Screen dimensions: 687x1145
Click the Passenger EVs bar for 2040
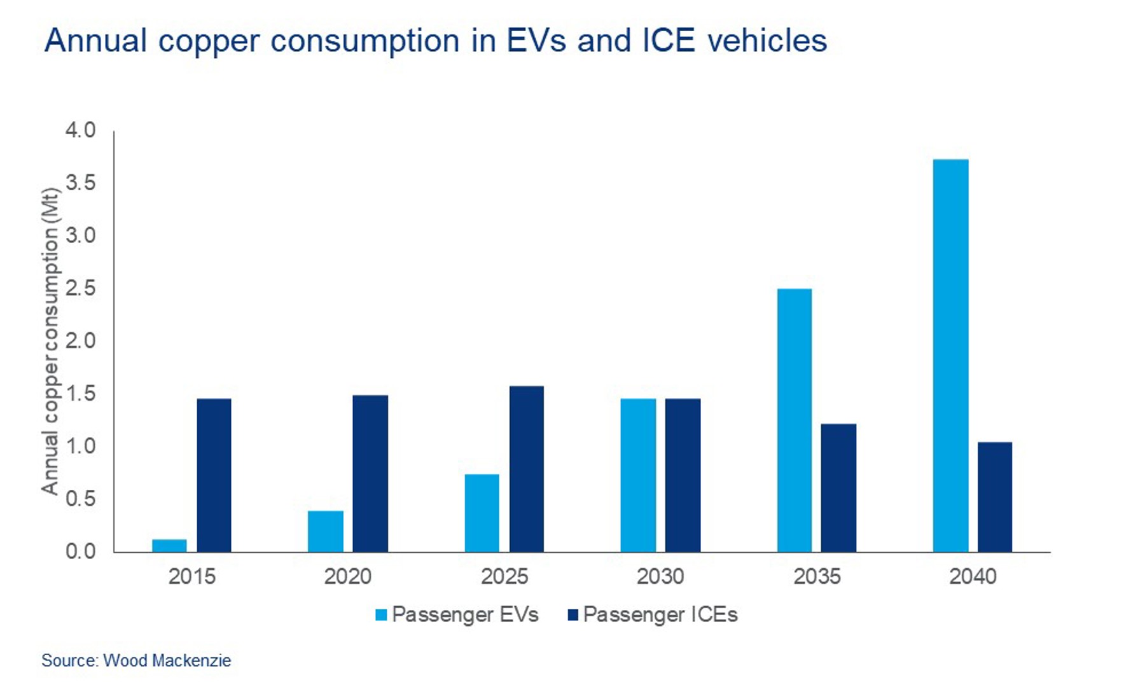pos(950,356)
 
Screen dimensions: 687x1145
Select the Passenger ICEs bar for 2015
pos(214,475)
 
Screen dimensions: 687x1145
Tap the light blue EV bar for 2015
pos(169,546)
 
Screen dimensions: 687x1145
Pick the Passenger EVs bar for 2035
pos(794,420)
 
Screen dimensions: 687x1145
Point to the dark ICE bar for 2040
pos(994,497)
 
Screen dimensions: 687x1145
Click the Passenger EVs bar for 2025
pos(482,513)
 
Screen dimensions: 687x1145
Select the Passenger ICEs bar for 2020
pos(370,473)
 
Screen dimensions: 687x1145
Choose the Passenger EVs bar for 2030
pos(638,475)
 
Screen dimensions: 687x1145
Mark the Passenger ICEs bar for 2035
pos(838,488)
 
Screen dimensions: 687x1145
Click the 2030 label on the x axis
pos(660,576)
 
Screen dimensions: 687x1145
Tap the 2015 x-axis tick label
pos(191,576)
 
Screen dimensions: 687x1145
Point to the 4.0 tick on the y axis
pos(80,130)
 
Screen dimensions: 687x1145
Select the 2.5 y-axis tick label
pos(80,288)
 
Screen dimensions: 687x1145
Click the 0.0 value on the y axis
pos(80,551)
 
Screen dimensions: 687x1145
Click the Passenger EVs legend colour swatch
pos(381,615)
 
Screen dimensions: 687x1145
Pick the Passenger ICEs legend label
pos(660,614)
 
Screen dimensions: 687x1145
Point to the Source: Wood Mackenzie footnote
pos(136,660)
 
